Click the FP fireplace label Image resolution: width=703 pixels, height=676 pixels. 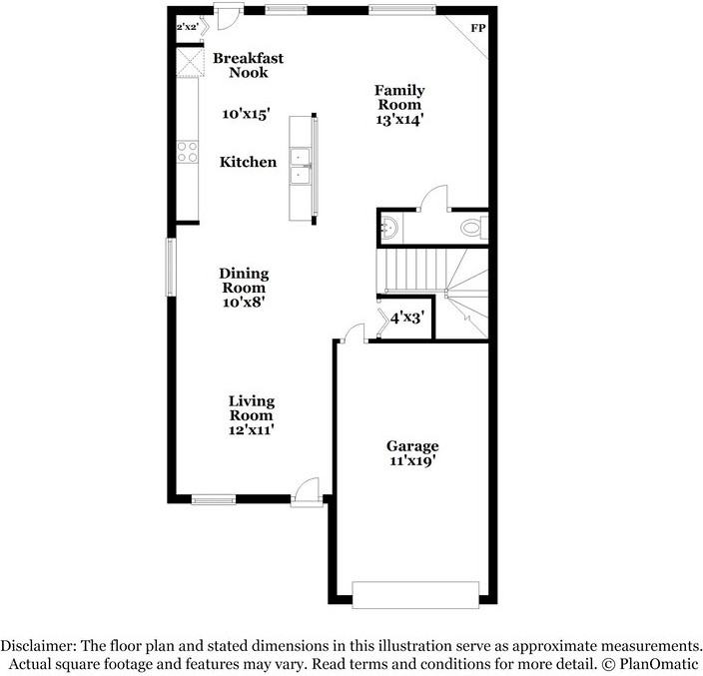(478, 27)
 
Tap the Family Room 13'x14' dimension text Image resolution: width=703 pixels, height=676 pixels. (398, 118)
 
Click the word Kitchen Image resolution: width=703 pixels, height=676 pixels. (249, 162)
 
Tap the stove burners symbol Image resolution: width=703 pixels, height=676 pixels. (186, 152)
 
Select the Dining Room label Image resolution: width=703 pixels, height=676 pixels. (245, 281)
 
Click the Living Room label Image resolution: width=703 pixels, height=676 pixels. (252, 408)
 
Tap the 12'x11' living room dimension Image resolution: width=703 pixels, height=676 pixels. (252, 430)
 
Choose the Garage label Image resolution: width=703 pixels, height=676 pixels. (413, 446)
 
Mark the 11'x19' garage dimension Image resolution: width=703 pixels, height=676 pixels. (413, 461)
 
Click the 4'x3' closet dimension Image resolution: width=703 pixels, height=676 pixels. (407, 319)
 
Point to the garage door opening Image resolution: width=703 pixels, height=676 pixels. (414, 594)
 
